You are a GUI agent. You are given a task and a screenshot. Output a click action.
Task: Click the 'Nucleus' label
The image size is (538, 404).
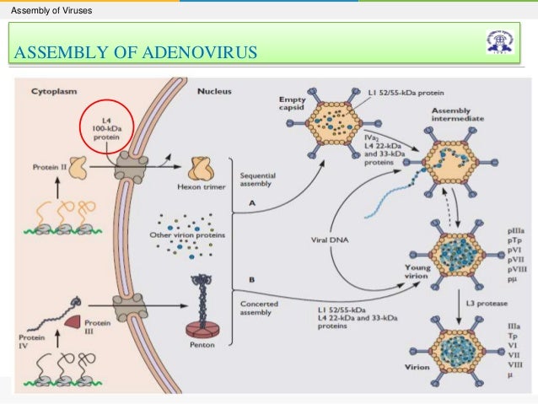coord(216,89)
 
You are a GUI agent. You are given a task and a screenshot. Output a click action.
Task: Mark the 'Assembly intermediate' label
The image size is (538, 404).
coord(456,116)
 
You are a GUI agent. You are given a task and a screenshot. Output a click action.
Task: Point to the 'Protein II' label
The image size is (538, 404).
coord(48,166)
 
